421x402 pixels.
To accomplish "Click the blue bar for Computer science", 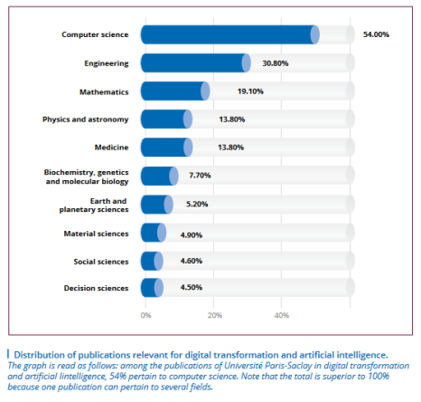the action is [x=230, y=34].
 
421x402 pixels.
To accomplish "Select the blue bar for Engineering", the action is [x=196, y=63].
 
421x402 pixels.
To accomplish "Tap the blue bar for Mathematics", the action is [x=175, y=91].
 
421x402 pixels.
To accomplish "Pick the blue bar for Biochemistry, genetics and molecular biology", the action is [x=160, y=176].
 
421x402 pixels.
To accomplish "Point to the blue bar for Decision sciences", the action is [x=152, y=288].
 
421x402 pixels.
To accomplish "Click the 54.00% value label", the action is [x=376, y=34].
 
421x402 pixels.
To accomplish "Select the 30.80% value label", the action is [x=276, y=63].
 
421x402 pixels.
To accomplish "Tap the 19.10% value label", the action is [x=250, y=91].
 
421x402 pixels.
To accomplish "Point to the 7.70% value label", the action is [x=200, y=176].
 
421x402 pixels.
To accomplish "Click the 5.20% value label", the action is [x=197, y=204].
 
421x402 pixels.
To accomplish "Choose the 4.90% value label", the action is [x=192, y=235].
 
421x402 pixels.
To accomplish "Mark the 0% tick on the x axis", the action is [x=145, y=315].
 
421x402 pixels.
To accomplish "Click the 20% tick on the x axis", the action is [x=215, y=315].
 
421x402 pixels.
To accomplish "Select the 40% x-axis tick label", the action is [x=282, y=315].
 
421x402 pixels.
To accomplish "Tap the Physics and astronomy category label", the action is [x=86, y=120].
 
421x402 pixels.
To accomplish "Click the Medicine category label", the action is [x=112, y=148].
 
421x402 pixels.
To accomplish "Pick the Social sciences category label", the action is [x=101, y=262].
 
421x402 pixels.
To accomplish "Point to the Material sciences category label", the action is [x=97, y=234].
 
